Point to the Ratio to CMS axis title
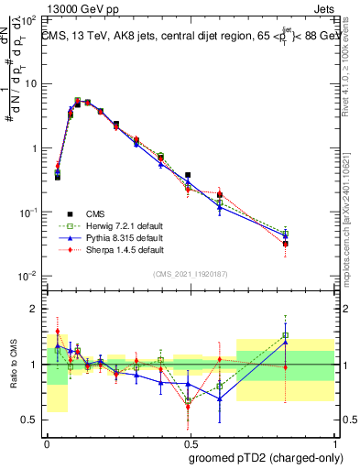pyautogui.click(x=13, y=365)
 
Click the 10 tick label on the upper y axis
pyautogui.click(x=30, y=84)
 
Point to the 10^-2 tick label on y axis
pyautogui.click(x=28, y=277)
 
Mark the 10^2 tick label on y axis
pyautogui.click(x=28, y=20)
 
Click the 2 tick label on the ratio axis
pyautogui.click(x=35, y=309)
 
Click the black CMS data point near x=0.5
pyautogui.click(x=188, y=175)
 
